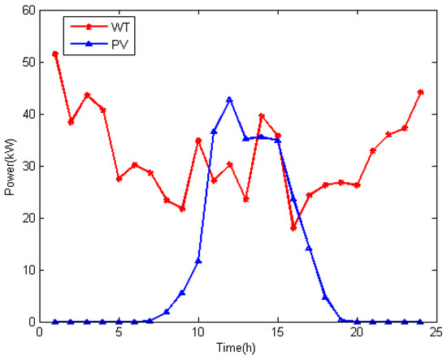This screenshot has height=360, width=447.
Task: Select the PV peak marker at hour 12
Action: point(229,99)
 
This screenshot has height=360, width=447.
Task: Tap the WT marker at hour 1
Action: point(55,54)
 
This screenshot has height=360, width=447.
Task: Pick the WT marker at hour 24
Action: point(420,92)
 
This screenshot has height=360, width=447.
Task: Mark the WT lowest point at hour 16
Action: point(293,228)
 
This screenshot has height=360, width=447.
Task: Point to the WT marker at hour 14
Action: point(261,115)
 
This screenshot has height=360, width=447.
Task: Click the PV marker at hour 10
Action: point(198,261)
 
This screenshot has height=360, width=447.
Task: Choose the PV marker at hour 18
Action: point(325,297)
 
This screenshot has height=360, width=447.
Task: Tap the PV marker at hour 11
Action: point(214,132)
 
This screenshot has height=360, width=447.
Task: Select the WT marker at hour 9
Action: point(182,209)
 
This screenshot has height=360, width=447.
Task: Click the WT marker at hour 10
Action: point(198,141)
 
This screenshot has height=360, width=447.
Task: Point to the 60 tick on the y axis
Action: point(29,11)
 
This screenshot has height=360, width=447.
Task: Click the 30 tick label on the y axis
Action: point(29,167)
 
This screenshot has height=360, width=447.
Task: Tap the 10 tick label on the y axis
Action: point(29,271)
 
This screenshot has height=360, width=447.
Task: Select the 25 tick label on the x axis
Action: point(436,333)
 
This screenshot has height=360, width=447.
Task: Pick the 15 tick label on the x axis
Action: point(277,333)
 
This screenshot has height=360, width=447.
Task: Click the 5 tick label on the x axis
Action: point(119,333)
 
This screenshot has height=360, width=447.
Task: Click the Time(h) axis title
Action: point(238,348)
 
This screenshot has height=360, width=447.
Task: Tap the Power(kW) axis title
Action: point(11,167)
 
